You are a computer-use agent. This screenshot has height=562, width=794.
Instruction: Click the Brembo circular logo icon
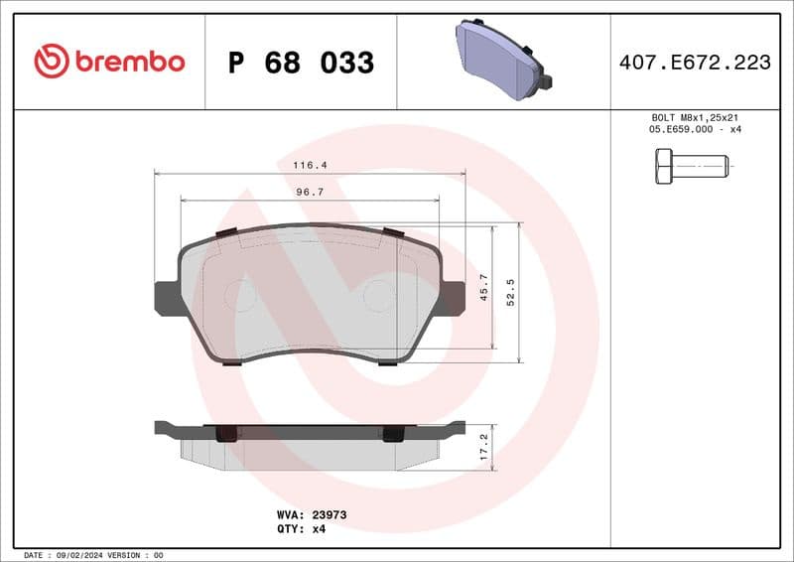51,62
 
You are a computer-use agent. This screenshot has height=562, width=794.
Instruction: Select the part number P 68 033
301,63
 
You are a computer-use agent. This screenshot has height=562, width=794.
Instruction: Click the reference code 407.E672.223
695,63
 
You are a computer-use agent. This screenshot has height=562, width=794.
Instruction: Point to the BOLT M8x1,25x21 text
695,117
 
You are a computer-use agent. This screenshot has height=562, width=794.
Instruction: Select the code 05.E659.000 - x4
695,130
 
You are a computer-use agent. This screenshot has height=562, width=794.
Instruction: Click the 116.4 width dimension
310,165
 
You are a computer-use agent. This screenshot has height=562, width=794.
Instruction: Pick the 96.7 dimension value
310,192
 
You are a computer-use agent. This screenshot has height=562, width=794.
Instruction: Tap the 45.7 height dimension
484,288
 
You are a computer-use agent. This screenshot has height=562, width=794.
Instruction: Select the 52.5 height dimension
511,293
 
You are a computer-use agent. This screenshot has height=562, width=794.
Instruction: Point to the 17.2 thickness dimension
484,444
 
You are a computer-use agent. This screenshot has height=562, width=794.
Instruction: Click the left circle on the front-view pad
240,294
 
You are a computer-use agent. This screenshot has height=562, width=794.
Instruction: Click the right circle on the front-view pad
378,294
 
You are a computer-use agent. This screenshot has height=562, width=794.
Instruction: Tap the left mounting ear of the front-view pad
167,298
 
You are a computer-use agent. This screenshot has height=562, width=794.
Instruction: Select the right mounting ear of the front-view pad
453,298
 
